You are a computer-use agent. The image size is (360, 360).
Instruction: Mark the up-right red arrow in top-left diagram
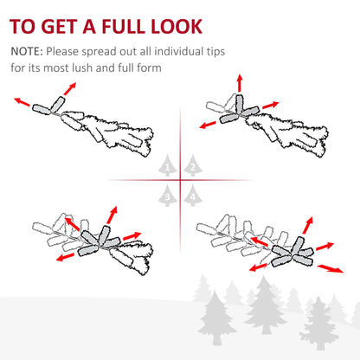[x=67, y=89]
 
